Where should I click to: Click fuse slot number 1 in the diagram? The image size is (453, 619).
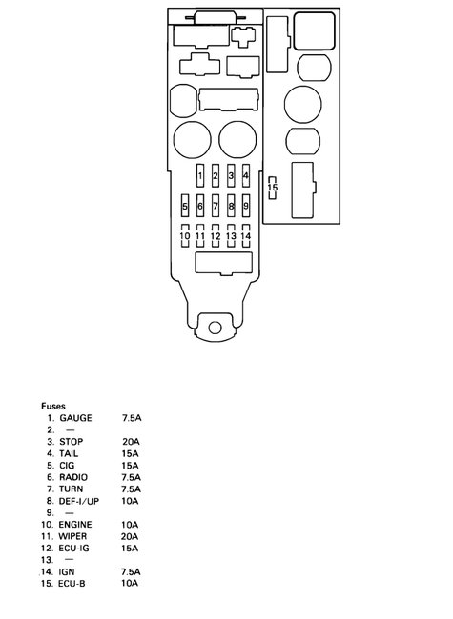click(x=200, y=176)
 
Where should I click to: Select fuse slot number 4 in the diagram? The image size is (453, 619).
click(x=246, y=176)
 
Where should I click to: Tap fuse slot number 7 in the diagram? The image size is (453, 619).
click(x=216, y=206)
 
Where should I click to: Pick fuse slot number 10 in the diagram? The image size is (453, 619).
click(x=185, y=235)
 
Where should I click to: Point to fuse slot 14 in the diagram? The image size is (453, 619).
click(x=246, y=235)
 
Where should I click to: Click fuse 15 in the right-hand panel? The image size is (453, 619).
click(x=273, y=188)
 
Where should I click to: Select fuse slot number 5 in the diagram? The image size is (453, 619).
click(x=185, y=206)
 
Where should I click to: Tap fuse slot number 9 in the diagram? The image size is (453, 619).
click(x=246, y=206)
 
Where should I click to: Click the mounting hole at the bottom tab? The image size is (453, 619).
click(x=216, y=329)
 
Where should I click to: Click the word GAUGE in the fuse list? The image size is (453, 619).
click(x=75, y=418)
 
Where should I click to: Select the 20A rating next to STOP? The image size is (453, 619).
click(x=131, y=442)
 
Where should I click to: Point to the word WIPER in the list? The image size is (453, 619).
click(x=75, y=536)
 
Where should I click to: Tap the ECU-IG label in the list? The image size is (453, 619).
click(x=76, y=548)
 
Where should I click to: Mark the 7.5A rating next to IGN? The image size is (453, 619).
click(x=132, y=571)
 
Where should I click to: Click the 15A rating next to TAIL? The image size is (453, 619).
click(x=131, y=453)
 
